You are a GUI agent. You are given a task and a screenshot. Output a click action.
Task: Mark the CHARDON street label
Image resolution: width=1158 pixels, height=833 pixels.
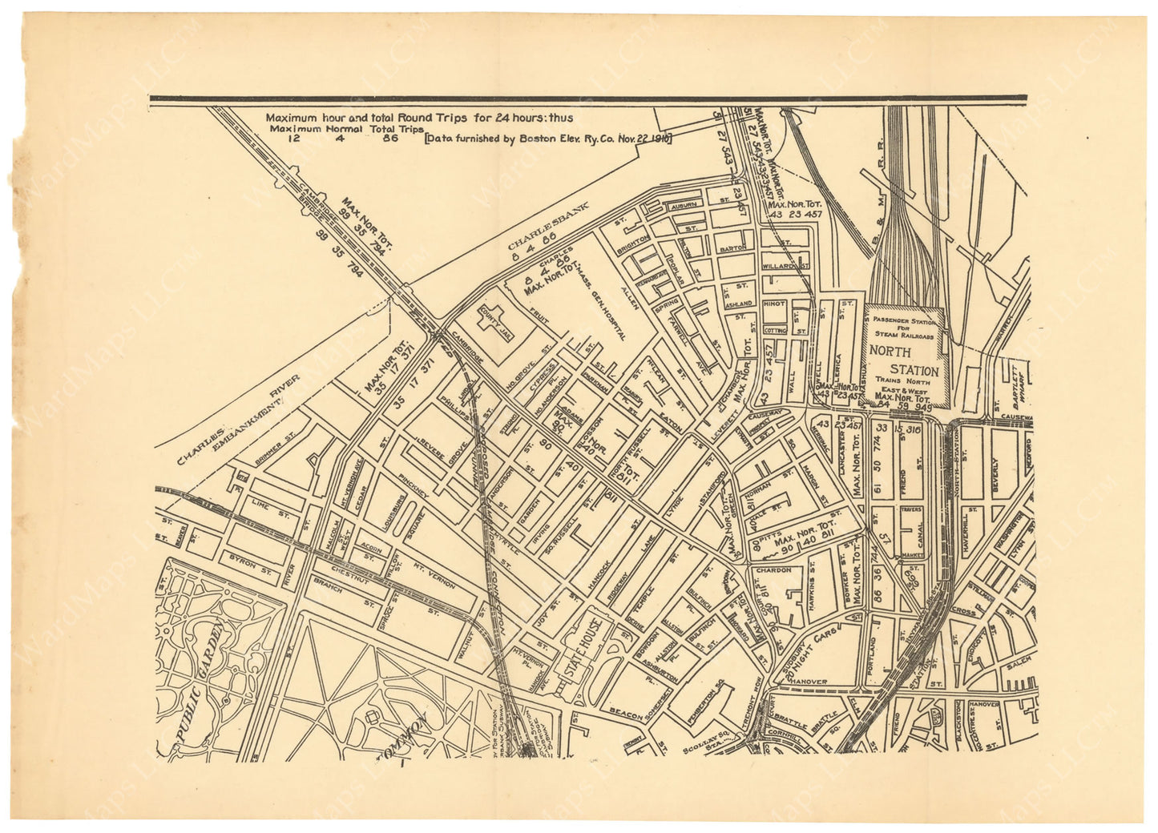click(x=771, y=571)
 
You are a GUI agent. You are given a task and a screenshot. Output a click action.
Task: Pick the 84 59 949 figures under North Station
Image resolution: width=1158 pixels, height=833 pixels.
click(x=905, y=405)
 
